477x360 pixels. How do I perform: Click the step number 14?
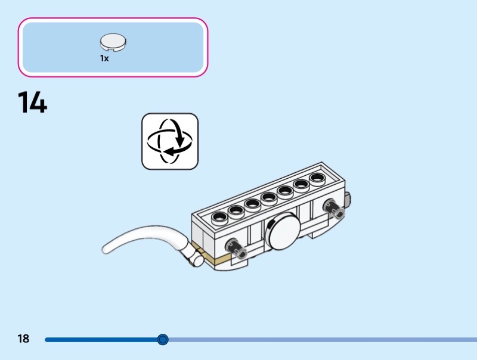tap(32, 102)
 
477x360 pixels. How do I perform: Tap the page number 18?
tap(23, 339)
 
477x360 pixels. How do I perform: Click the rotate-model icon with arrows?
tap(169, 141)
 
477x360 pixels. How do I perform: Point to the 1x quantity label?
tap(104, 58)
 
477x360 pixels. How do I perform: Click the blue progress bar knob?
tap(163, 340)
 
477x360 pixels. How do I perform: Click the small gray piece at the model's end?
tap(349, 198)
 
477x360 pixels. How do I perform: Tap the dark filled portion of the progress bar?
tap(101, 340)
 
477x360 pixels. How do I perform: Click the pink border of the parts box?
tap(113, 18)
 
